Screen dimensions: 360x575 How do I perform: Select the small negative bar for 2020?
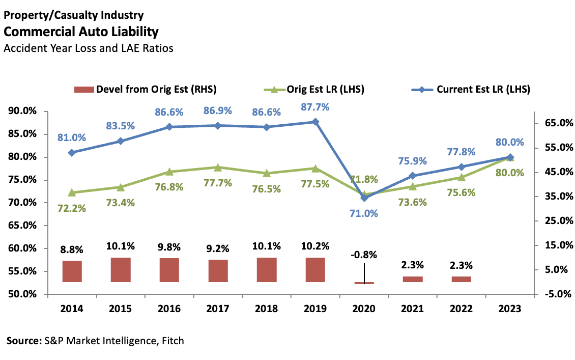point(364,283)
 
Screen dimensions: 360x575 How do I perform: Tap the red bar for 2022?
point(461,279)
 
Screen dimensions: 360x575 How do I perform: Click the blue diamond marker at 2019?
point(315,122)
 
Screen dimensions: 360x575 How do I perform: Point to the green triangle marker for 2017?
point(218,167)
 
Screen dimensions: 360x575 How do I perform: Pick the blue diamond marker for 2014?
point(72,152)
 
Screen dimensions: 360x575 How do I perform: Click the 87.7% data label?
point(315,107)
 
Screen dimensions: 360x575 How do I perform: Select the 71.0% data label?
point(364,213)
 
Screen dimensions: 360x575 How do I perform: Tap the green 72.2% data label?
point(72,208)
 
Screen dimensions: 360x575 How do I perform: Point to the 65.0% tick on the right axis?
point(555,123)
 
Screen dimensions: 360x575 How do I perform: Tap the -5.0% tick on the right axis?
point(555,294)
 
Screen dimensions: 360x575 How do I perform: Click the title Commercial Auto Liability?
point(81,32)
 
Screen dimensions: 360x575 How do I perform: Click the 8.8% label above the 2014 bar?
point(72,250)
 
